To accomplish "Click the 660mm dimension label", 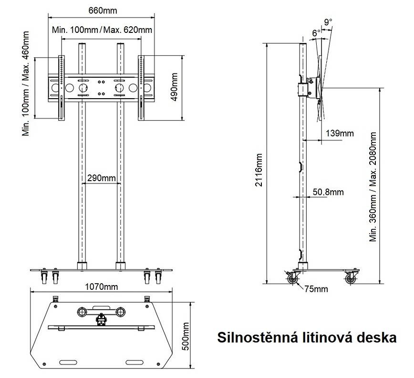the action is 103,10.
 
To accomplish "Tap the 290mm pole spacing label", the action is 102,178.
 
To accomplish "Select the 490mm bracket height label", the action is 174,87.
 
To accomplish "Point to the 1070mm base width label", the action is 102,286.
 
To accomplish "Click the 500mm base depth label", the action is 186,337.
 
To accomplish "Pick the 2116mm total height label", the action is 259,170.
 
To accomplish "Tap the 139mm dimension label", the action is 340,133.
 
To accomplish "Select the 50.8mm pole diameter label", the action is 328,192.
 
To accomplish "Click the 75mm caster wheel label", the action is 316,289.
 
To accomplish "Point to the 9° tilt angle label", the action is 328,22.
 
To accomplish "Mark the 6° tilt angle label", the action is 316,33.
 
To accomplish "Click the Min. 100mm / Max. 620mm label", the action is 102,30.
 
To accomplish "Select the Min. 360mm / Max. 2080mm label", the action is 373,187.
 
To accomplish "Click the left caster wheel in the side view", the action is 292,278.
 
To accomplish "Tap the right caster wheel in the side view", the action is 351,278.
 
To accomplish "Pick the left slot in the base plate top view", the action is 68,362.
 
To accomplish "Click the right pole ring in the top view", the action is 120,312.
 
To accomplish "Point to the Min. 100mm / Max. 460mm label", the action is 26,83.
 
